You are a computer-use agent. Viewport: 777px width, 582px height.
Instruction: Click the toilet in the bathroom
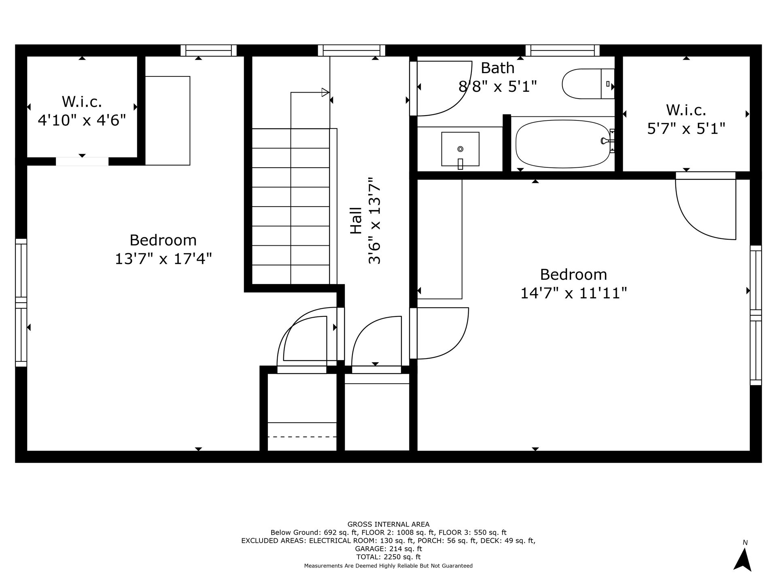588,84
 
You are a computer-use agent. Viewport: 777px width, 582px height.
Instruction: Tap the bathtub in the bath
563,143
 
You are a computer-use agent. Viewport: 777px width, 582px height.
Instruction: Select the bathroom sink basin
460,149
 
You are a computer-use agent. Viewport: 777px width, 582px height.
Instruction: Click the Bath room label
497,68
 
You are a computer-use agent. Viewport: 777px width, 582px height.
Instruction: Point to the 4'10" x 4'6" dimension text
82,120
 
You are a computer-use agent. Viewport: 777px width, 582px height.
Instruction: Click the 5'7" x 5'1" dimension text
686,129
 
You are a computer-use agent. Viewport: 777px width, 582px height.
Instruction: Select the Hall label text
356,221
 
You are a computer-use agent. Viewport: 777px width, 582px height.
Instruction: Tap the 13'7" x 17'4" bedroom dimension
163,259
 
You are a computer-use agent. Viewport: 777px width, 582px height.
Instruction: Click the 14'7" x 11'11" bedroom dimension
573,293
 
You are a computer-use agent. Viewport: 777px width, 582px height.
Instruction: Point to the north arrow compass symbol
743,560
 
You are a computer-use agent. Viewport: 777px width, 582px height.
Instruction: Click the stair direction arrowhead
325,92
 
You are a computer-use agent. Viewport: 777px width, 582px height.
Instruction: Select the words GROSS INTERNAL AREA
388,525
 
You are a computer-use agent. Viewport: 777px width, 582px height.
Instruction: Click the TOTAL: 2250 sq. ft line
388,557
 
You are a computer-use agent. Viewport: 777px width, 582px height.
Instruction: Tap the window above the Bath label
563,51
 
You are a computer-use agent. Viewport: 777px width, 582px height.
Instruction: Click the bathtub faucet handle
605,141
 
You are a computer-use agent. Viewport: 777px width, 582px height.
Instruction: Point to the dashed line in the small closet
302,437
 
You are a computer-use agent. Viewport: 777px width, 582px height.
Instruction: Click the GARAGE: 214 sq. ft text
388,549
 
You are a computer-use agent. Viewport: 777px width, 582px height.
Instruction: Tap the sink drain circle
460,149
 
